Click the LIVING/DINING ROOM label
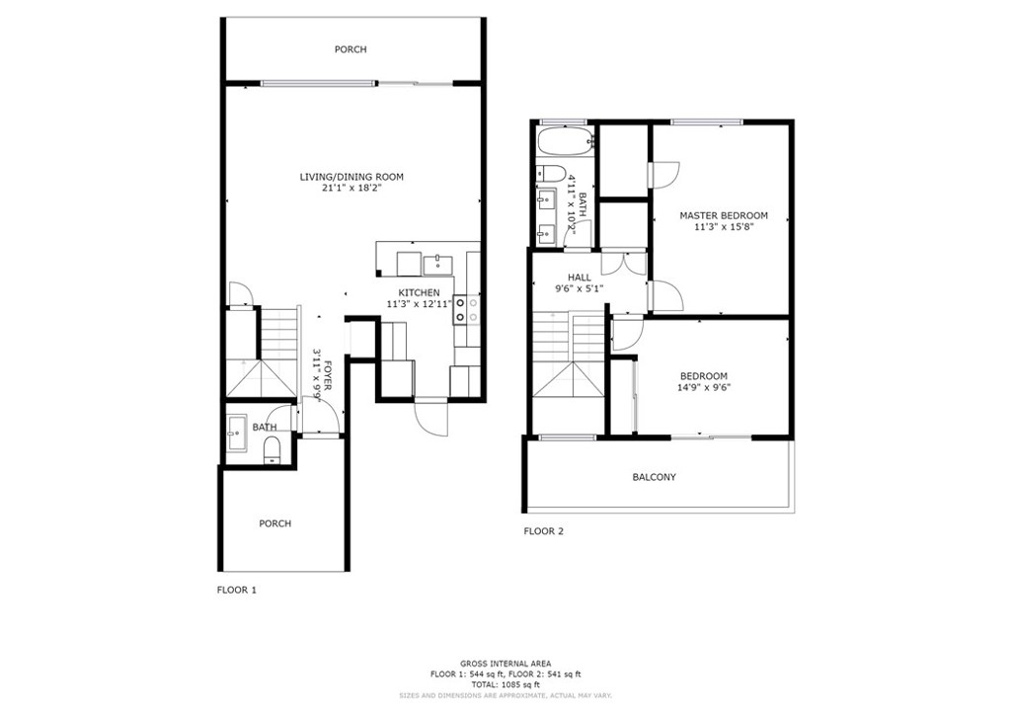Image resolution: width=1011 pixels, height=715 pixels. coord(351,177)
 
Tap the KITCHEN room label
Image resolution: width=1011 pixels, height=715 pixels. coord(419,292)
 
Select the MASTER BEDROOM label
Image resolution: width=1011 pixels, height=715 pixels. coord(724,215)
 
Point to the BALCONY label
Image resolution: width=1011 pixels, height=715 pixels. coord(654,477)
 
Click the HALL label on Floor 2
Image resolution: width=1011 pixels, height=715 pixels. coord(579,278)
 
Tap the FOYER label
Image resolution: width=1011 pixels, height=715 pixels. coord(328,375)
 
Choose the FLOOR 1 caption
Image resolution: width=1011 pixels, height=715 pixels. coord(237,590)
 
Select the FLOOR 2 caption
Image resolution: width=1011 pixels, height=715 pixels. coord(544,531)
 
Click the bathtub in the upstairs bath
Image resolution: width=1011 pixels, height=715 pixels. coord(565,141)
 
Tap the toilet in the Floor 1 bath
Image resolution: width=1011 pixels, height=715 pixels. coord(272,449)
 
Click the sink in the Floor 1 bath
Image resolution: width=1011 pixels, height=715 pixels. coord(237,434)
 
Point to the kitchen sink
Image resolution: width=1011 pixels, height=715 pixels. coord(437,265)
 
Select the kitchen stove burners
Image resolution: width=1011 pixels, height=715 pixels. coord(467,308)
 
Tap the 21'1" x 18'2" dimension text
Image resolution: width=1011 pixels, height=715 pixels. coord(351,189)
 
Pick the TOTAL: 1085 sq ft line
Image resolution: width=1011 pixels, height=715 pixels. coord(505,684)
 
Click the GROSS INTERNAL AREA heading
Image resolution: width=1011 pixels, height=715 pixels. coord(505,664)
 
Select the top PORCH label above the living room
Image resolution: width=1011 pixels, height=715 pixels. coord(350,49)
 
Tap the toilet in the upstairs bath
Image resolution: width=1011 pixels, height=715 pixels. coord(550,173)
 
